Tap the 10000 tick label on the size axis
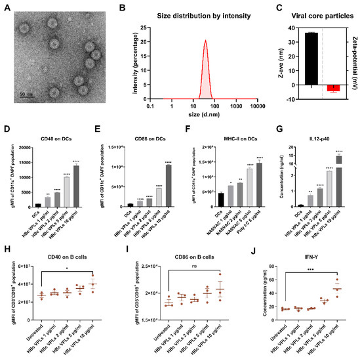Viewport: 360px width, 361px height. click(x=256, y=105)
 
